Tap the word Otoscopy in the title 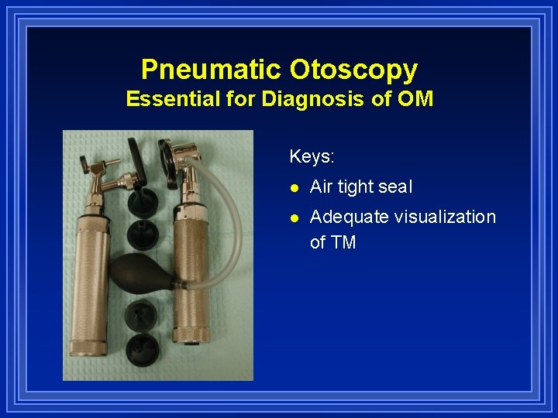click(354, 70)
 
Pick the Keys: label click(312, 156)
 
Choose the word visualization click(445, 217)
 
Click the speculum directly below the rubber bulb click(142, 313)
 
